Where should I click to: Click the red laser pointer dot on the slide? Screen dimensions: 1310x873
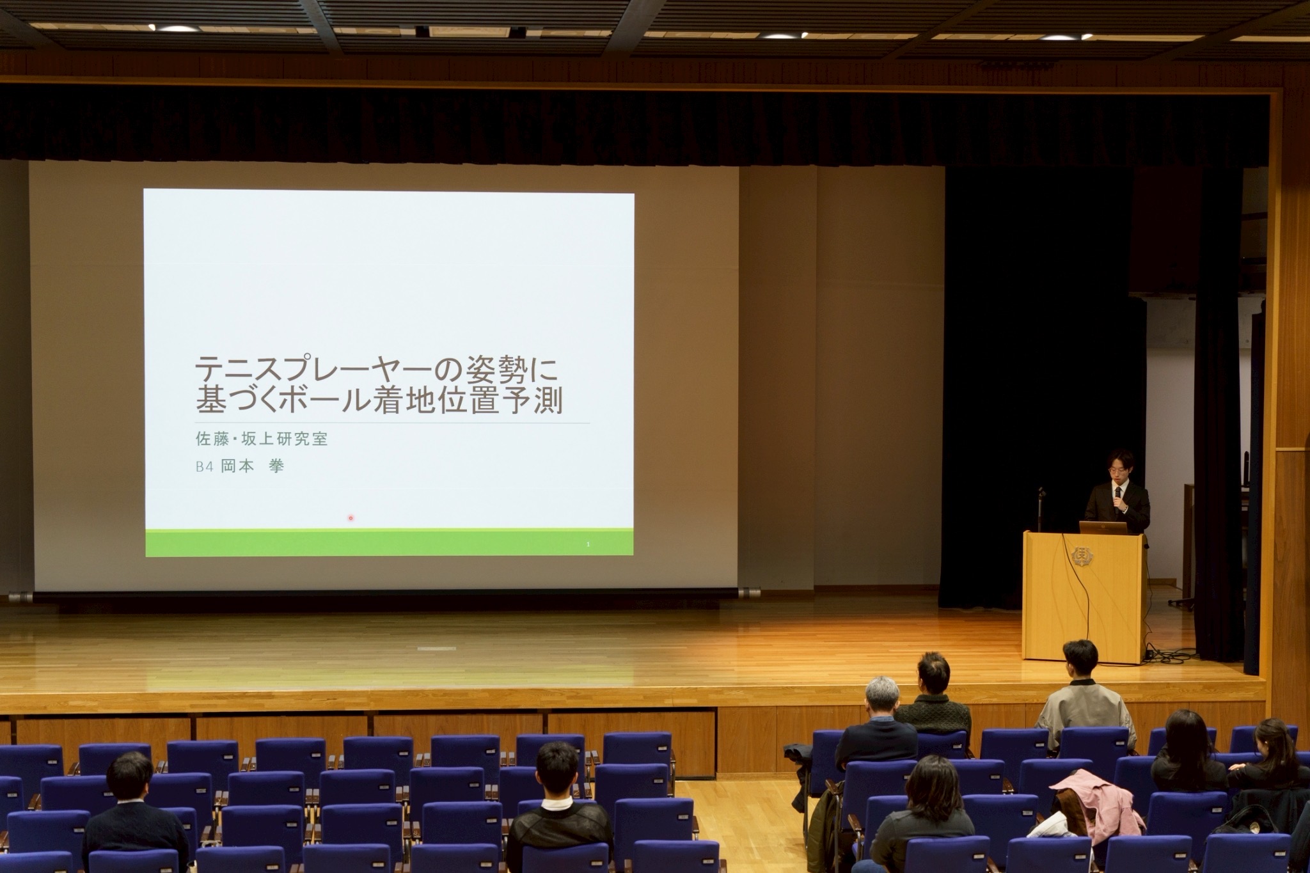351,518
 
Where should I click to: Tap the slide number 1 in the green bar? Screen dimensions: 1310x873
587,544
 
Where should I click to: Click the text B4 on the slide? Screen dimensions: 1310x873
204,467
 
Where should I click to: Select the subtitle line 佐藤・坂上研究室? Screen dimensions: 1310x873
262,439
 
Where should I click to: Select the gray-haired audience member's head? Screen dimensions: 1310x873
882,698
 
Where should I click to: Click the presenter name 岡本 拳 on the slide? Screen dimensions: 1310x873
252,467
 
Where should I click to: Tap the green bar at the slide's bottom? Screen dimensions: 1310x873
390,543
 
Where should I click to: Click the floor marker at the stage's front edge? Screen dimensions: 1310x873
438,648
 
